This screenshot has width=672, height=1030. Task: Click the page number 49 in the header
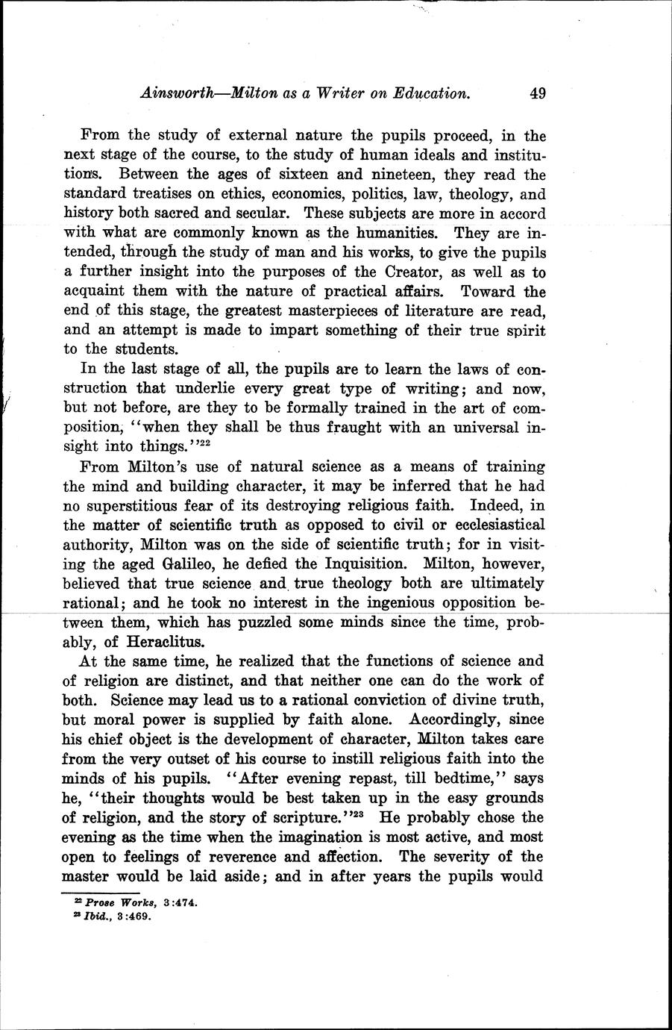(538, 94)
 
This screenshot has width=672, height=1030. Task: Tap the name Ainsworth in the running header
(182, 94)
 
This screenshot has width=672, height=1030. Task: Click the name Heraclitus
(163, 641)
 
